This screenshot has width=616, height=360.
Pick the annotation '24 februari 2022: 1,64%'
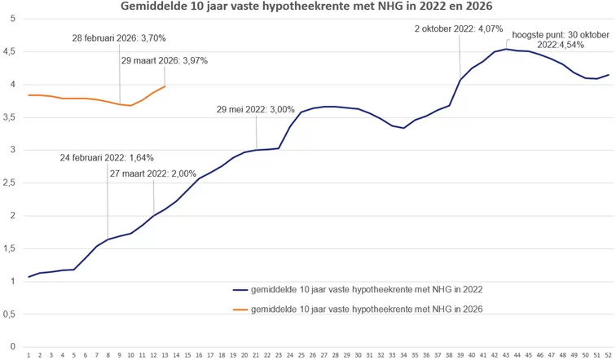click(106, 158)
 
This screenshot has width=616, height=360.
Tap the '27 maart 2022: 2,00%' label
click(153, 173)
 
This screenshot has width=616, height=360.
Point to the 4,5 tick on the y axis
click(11, 50)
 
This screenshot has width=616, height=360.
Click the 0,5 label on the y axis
click(11, 314)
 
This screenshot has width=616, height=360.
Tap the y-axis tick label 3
click(12, 149)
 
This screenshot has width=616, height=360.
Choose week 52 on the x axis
click(608, 354)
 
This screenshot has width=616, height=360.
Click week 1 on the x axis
click(29, 354)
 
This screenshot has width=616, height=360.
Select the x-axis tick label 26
click(313, 354)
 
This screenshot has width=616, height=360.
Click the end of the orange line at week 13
click(165, 86)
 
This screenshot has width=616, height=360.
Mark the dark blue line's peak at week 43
click(506, 49)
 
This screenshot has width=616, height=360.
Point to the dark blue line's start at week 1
click(29, 277)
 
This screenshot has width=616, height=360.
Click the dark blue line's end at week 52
click(608, 75)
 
